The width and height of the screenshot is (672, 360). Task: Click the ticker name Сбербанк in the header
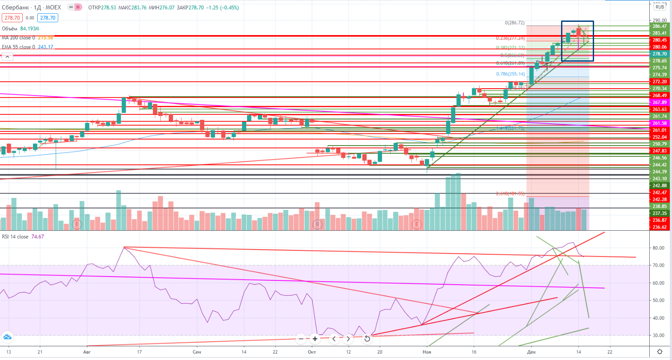coord(15,7)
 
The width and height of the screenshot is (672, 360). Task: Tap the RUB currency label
coord(660,7)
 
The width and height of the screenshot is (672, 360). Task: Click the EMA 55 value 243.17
coord(45,47)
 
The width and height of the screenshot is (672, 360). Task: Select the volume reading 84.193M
coord(30,29)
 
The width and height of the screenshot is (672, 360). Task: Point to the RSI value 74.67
coord(37,237)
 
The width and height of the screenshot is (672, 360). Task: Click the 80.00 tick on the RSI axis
coord(658,248)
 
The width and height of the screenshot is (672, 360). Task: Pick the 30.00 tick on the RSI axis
coord(658,336)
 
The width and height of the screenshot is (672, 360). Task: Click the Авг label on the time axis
coord(87,352)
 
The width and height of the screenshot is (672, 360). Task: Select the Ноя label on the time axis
coord(427,352)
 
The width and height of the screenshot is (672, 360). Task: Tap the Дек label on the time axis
coord(531,352)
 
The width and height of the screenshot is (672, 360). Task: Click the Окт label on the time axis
coord(312,352)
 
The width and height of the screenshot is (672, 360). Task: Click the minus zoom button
coord(301,339)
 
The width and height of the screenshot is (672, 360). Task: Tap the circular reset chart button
coord(367,339)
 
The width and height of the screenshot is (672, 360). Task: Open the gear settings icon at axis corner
coord(660,351)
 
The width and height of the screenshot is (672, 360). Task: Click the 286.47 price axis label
coord(659,26)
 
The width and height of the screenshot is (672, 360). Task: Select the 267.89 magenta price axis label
coord(659,102)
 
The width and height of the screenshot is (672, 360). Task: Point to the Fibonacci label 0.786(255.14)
coord(510,74)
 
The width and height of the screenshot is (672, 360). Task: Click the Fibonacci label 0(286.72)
coord(514,23)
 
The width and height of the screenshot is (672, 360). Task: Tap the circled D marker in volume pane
coord(317,224)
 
